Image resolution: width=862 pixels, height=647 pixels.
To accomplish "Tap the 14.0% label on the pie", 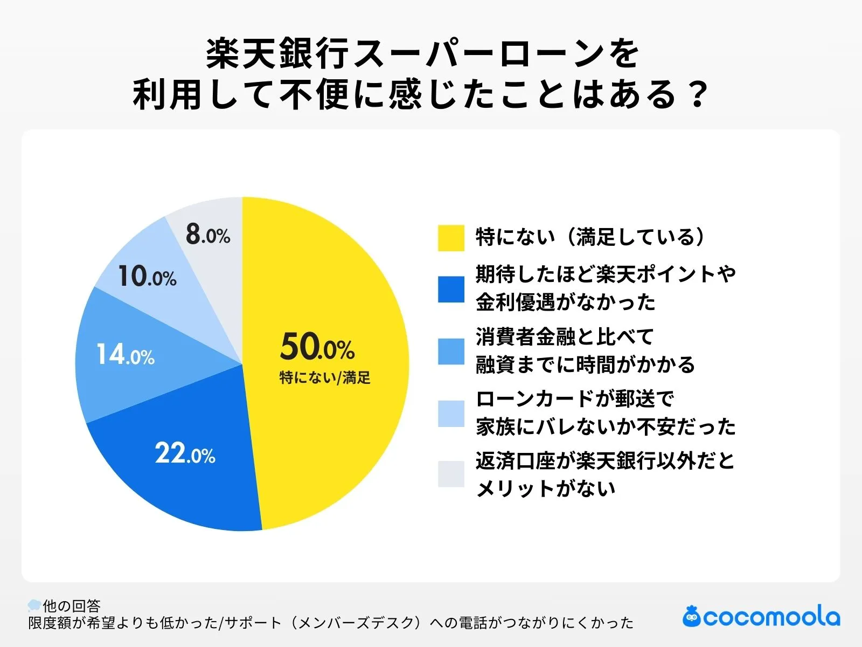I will [x=125, y=355].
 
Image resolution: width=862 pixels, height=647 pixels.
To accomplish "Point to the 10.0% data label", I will [x=147, y=277].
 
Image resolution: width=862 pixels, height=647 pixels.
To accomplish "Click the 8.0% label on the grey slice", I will [x=208, y=235].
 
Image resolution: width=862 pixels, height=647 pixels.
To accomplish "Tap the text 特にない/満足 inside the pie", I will [x=325, y=377].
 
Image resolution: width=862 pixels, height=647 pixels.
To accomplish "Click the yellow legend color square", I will [x=451, y=238].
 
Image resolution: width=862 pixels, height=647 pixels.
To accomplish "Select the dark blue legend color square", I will [x=451, y=289].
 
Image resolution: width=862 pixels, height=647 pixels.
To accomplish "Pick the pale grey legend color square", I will [x=451, y=474].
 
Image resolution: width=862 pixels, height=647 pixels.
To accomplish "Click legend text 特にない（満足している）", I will [x=590, y=237].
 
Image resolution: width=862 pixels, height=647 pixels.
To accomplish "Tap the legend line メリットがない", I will [x=545, y=488].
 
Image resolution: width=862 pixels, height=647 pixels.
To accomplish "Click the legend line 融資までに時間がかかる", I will [x=585, y=365].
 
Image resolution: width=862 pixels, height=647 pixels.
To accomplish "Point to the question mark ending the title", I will [x=698, y=95].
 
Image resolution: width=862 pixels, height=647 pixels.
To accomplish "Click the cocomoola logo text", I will [x=771, y=617].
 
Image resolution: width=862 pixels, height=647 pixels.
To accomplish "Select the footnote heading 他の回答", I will [x=72, y=605].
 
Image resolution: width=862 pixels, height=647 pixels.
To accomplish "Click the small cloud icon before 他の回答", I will [x=34, y=605].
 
